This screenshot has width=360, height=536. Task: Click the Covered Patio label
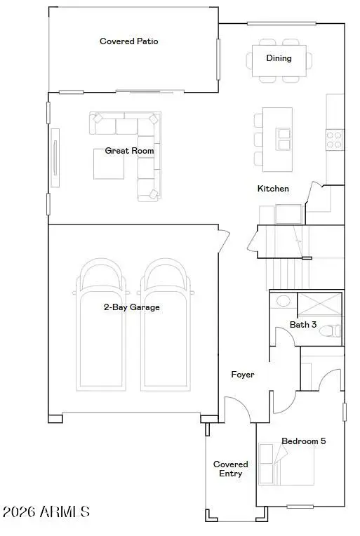pyautogui.click(x=129, y=41)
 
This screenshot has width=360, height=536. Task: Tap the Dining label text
pyautogui.click(x=279, y=58)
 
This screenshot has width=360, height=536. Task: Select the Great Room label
pyautogui.click(x=130, y=151)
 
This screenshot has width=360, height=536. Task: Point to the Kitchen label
pyautogui.click(x=273, y=189)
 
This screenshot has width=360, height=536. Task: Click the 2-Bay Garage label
pyautogui.click(x=132, y=307)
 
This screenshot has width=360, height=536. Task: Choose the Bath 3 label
pyautogui.click(x=303, y=324)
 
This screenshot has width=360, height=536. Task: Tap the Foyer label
pyautogui.click(x=243, y=375)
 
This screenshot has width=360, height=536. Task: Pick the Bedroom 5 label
pyautogui.click(x=303, y=441)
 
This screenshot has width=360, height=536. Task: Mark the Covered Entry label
pyautogui.click(x=231, y=469)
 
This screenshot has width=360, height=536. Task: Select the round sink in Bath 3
pyautogui.click(x=283, y=301)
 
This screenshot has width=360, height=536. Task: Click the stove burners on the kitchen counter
pyautogui.click(x=334, y=138)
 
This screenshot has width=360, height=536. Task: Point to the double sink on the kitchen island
pyautogui.click(x=284, y=139)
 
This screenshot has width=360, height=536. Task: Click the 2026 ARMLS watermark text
pyautogui.click(x=46, y=512)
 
